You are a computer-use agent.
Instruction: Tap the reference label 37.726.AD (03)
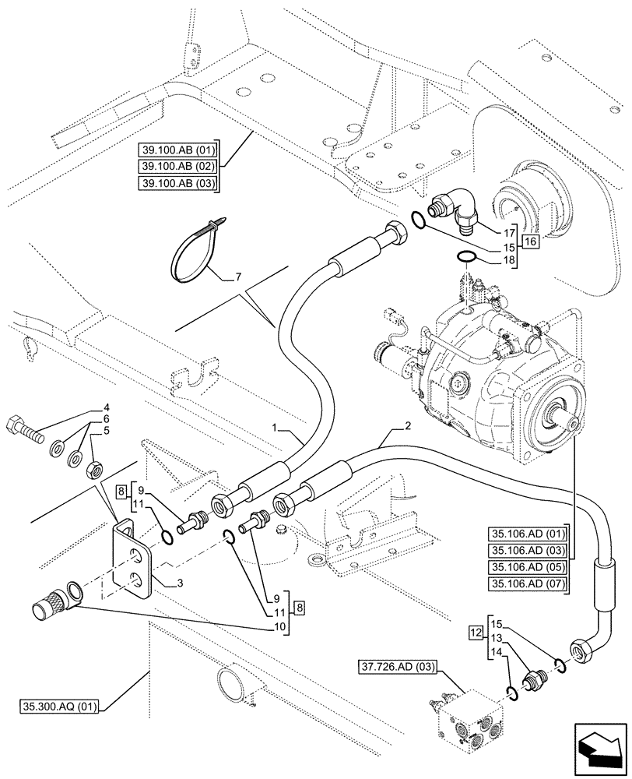399,667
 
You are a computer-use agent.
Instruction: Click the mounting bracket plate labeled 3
133,559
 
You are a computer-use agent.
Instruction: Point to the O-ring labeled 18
465,257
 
